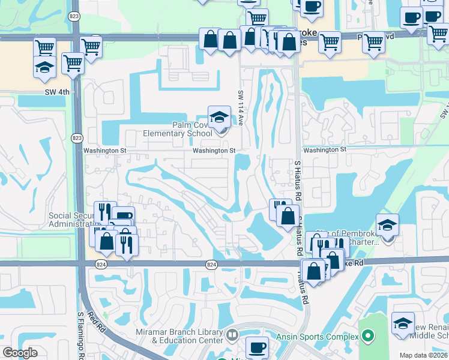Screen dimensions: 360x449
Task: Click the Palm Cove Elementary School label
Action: (x=177, y=129)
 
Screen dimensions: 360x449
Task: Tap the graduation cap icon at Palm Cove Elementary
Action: (x=219, y=116)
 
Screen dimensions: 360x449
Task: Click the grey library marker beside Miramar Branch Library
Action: (x=232, y=334)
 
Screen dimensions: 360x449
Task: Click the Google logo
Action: (x=20, y=353)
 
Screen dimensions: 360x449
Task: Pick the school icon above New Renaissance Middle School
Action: (x=403, y=322)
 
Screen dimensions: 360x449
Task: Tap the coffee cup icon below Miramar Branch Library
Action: (x=258, y=346)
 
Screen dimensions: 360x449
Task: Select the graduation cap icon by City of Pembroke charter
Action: (x=387, y=225)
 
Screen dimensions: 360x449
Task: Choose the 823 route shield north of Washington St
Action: (x=77, y=137)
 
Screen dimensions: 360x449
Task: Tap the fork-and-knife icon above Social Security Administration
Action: (x=105, y=211)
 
